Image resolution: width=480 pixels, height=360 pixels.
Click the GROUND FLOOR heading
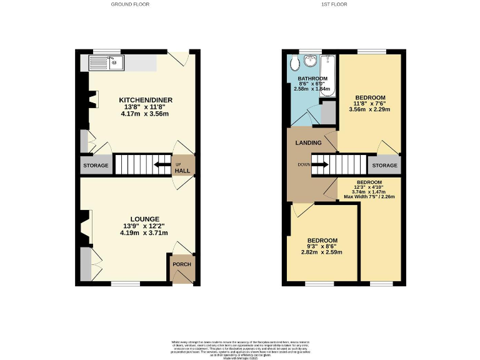[130, 4]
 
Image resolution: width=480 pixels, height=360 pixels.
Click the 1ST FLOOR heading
[334, 4]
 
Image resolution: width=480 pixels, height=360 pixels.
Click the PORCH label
[182, 264]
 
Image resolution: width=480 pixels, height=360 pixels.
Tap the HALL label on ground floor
[182, 171]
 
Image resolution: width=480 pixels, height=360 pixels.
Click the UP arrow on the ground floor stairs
[162, 165]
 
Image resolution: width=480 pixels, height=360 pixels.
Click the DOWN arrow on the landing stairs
[320, 165]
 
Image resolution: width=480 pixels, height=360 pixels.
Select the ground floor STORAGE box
[96, 166]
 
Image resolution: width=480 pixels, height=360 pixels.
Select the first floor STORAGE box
[384, 166]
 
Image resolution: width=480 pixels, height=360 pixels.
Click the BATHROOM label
[310, 78]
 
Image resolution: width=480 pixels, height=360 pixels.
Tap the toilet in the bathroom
[294, 63]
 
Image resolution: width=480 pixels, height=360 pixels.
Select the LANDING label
[308, 143]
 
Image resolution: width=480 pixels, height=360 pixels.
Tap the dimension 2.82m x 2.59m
[322, 252]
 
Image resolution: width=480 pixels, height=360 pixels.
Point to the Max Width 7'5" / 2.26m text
[369, 197]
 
